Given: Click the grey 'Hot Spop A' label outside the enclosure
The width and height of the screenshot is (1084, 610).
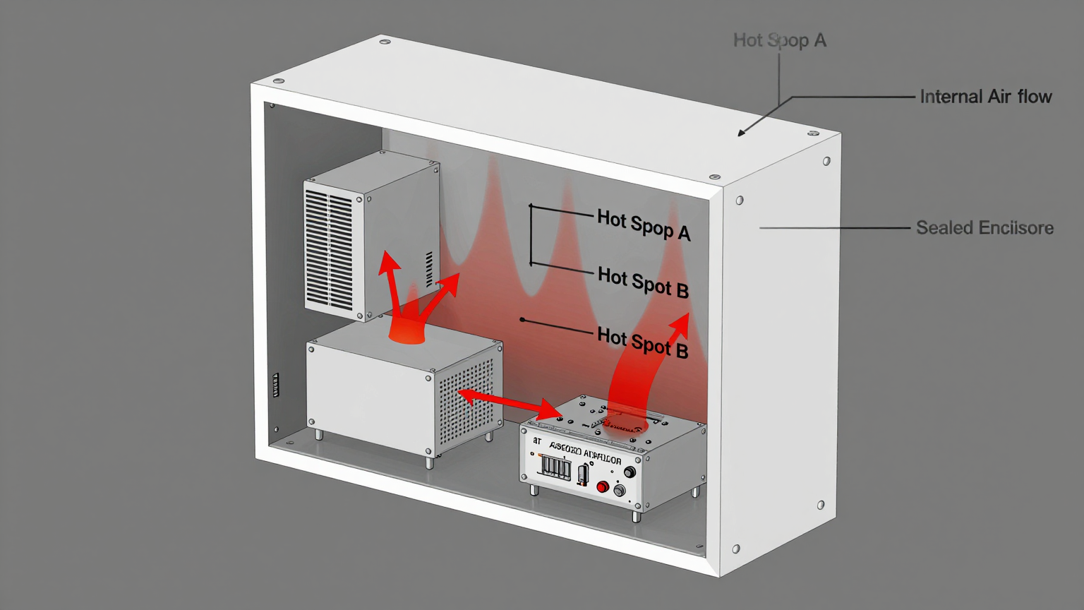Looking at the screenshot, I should point(779,40).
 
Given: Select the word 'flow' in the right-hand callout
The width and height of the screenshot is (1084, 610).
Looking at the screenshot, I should point(1035,97).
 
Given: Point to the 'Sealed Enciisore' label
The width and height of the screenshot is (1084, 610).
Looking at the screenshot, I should point(984,228).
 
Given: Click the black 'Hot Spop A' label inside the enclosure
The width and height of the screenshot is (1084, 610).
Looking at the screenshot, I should point(643,225).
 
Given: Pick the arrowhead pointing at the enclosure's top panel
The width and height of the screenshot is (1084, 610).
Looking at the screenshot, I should point(742,132).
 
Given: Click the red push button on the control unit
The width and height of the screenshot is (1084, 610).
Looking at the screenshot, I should point(602,486).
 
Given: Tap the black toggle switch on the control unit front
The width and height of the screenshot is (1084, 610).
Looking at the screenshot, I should point(583,475).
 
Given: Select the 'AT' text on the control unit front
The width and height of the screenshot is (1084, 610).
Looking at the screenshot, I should point(538,441).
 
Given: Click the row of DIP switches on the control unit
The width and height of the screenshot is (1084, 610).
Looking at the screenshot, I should point(555,467).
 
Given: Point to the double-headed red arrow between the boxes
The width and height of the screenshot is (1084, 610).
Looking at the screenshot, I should point(508,402).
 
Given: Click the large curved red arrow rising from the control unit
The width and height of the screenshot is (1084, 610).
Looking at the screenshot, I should point(642,367).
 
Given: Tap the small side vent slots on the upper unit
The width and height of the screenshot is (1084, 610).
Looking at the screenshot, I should point(429,269).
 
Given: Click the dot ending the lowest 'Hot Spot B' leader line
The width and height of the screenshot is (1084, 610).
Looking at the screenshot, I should point(522,320).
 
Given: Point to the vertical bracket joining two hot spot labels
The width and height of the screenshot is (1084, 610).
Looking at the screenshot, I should point(531,235).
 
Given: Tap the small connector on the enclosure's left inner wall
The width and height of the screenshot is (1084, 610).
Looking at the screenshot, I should point(276,385).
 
